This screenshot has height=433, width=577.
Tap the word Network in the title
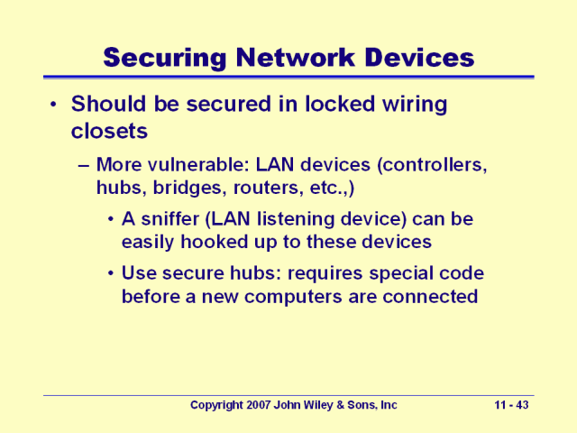click(292, 58)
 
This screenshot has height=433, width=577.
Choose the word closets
click(109, 131)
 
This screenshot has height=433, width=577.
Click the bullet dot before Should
click(53, 105)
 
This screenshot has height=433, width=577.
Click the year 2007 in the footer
click(257, 406)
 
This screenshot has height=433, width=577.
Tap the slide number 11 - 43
click(513, 406)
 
